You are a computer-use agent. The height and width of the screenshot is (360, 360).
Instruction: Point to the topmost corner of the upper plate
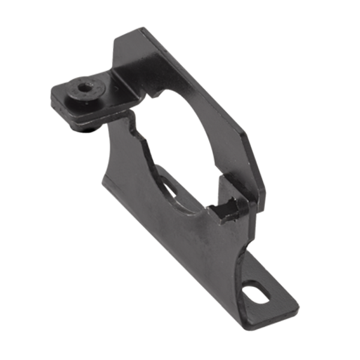[143, 28]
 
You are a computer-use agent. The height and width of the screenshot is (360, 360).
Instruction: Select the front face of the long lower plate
[180, 240]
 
